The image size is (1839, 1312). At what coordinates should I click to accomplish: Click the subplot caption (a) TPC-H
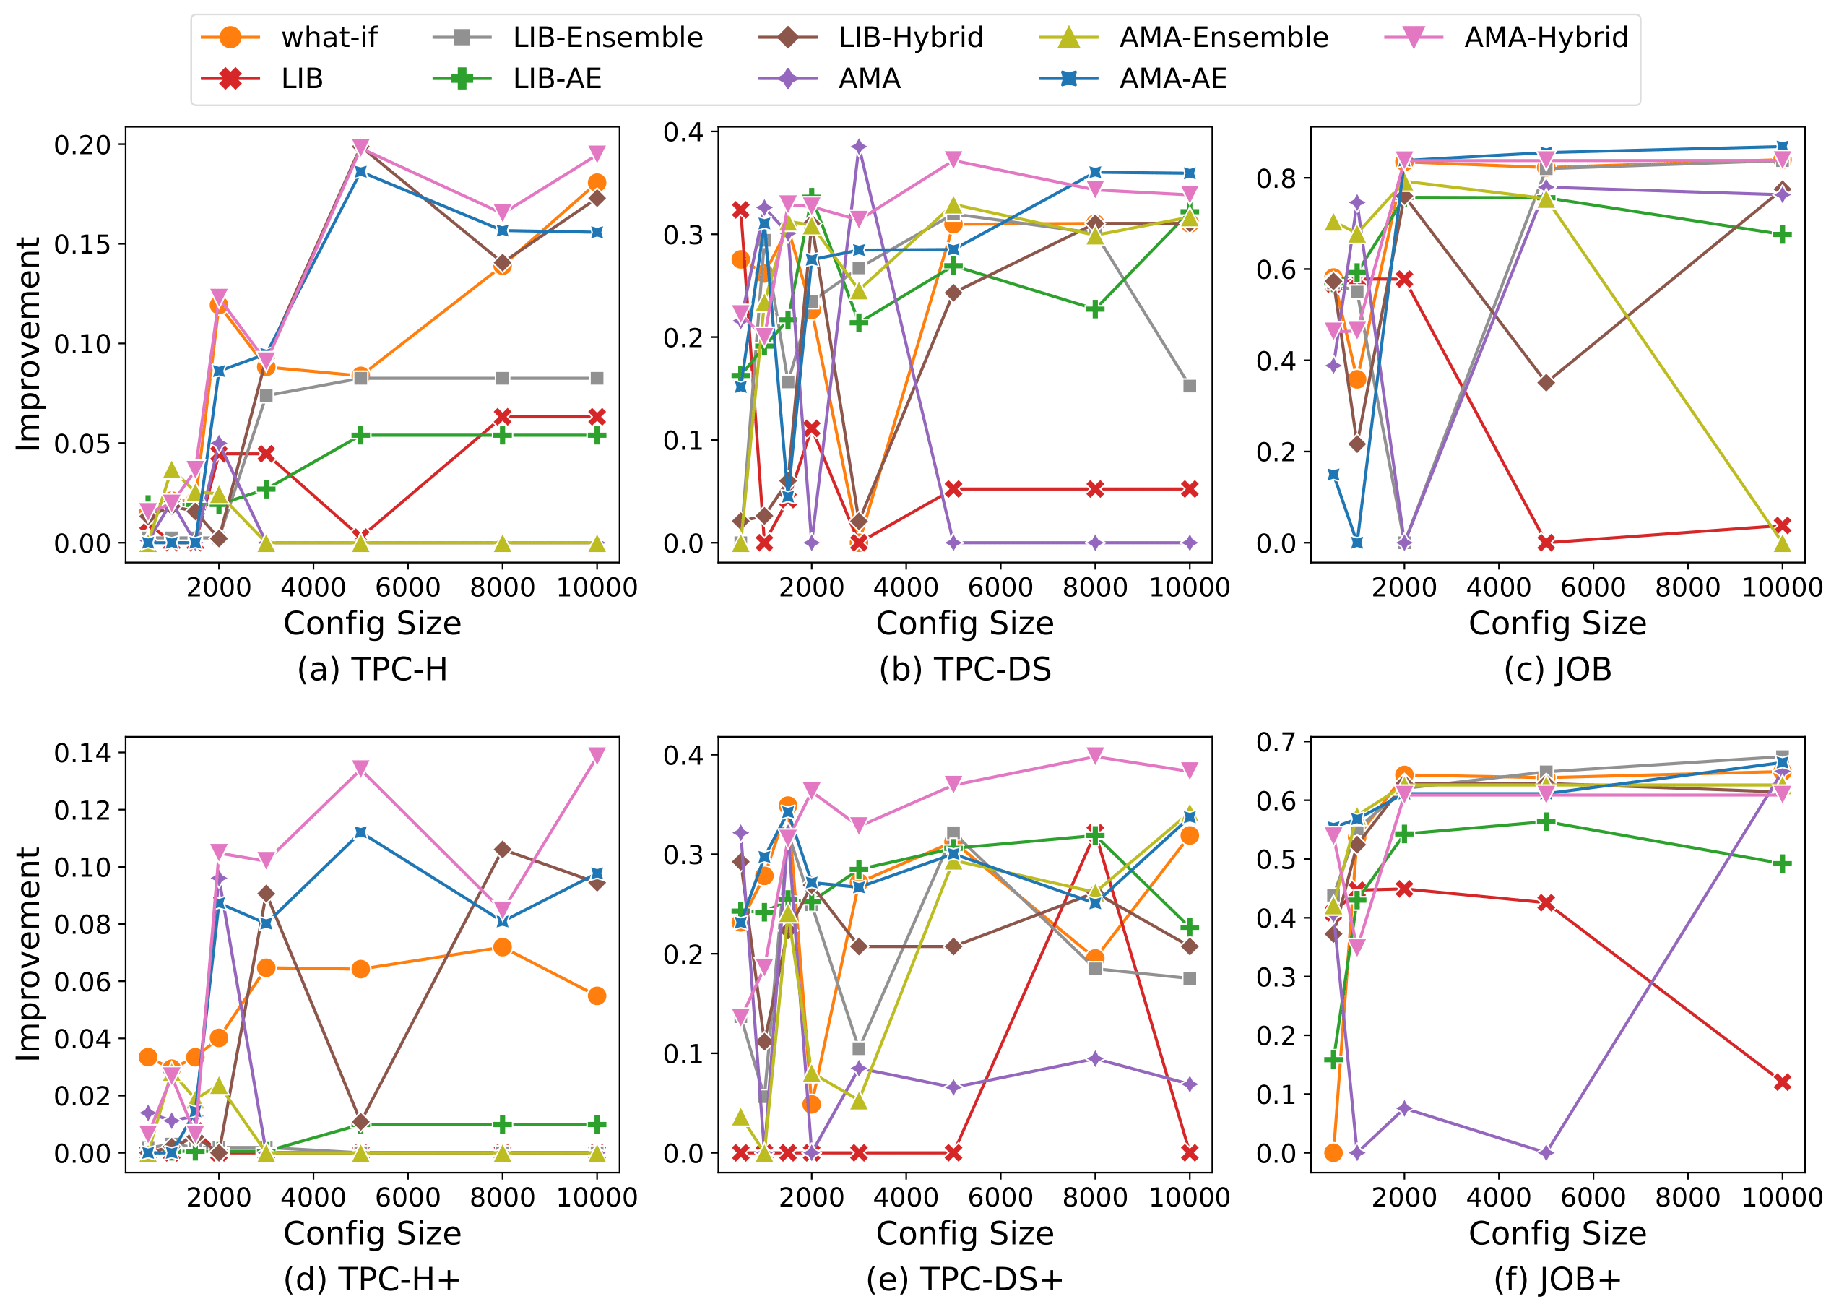(x=372, y=669)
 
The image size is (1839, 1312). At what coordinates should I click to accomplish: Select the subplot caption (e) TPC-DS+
(x=964, y=1279)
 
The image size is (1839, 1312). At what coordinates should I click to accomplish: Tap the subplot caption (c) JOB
(x=1557, y=669)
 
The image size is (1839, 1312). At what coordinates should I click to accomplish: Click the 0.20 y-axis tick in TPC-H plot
(x=82, y=144)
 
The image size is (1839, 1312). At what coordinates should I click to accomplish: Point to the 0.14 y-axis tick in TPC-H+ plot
(x=82, y=753)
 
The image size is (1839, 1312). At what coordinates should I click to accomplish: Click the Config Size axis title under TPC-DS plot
(x=964, y=623)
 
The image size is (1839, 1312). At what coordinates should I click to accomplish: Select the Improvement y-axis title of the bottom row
(x=29, y=954)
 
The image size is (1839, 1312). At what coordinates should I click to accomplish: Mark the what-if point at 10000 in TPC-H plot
(x=597, y=183)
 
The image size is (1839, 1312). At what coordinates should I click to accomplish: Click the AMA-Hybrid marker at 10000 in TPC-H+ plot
(x=597, y=756)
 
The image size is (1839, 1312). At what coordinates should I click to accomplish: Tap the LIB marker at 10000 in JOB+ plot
(x=1783, y=1082)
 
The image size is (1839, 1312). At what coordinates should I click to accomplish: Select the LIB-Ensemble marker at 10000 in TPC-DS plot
(x=1189, y=387)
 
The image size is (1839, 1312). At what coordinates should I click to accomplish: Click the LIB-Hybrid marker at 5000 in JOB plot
(x=1546, y=382)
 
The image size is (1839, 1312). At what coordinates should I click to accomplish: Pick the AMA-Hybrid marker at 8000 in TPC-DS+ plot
(x=1095, y=756)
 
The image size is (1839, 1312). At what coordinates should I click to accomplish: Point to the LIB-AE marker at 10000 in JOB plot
(x=1783, y=235)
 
